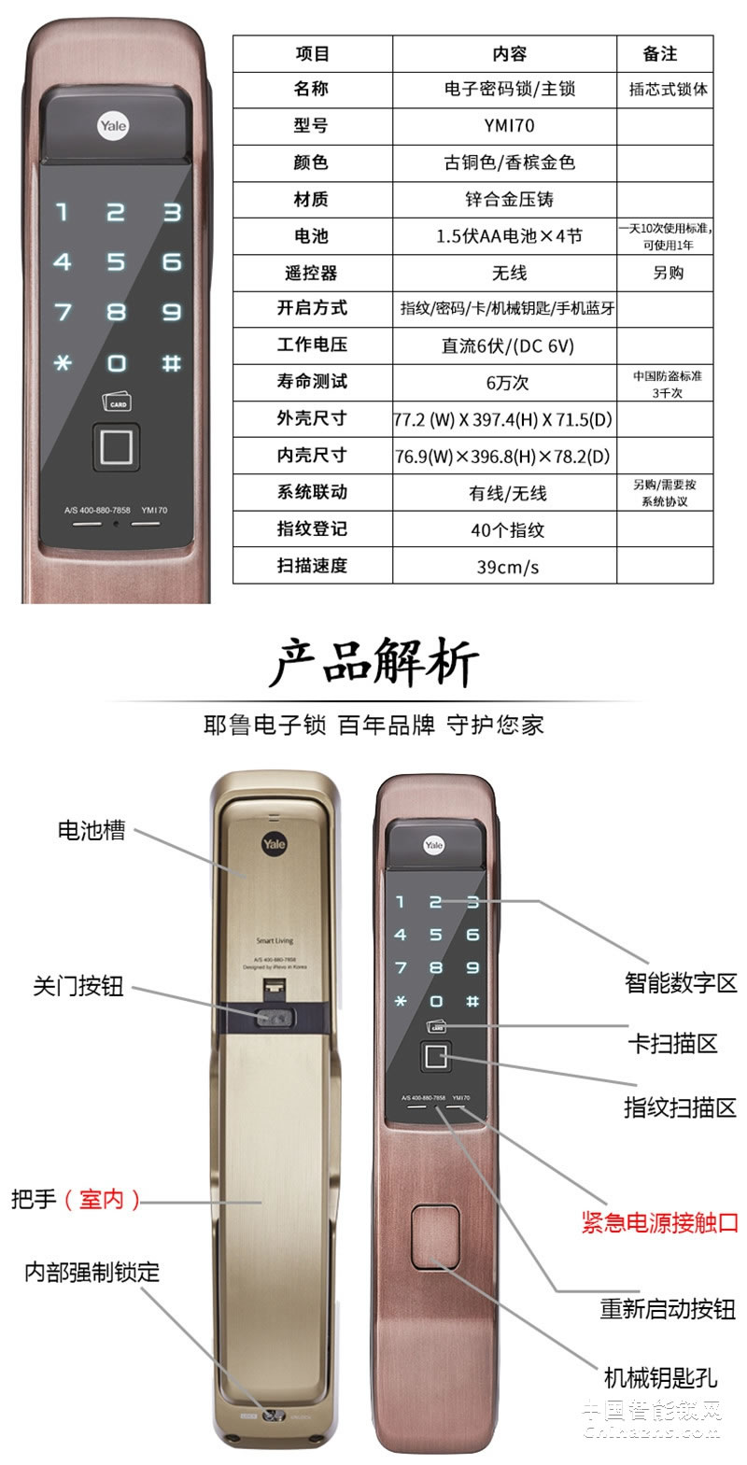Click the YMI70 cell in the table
point(509,125)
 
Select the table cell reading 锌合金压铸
point(509,199)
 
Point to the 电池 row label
point(311,236)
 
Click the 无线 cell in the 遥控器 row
point(509,273)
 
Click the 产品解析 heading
point(373,663)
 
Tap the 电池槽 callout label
point(92,830)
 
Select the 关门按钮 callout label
point(78,986)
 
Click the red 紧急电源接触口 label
point(660,1222)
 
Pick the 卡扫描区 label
point(672,1043)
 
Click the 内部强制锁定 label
point(92,1272)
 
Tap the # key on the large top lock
point(171,362)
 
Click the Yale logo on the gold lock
point(274,843)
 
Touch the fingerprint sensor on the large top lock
point(116,446)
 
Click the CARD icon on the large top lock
point(118,401)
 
